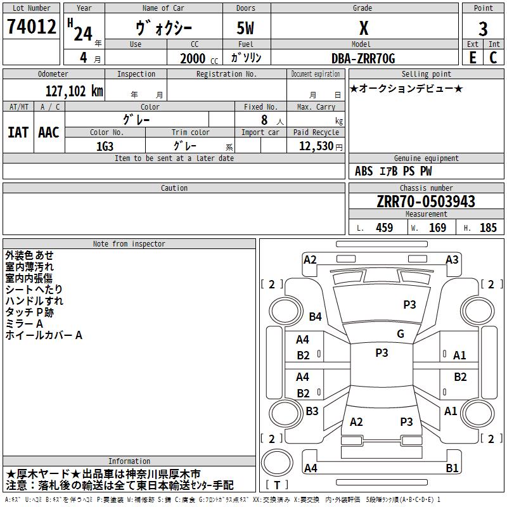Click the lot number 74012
click(31, 26)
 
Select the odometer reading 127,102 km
click(74, 91)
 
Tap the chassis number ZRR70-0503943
click(426, 202)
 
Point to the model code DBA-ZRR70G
click(363, 58)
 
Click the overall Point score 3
click(483, 29)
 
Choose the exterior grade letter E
click(472, 58)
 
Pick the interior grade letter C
click(493, 58)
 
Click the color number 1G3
click(105, 146)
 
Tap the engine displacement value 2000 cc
click(199, 58)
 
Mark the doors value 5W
click(245, 28)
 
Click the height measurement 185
click(488, 228)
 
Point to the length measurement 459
click(384, 228)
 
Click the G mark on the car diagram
click(401, 333)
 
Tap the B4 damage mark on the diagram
click(315, 316)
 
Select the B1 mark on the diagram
click(452, 468)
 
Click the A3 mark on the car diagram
click(452, 260)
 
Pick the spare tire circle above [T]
click(277, 463)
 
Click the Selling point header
click(426, 74)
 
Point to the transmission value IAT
click(18, 132)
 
